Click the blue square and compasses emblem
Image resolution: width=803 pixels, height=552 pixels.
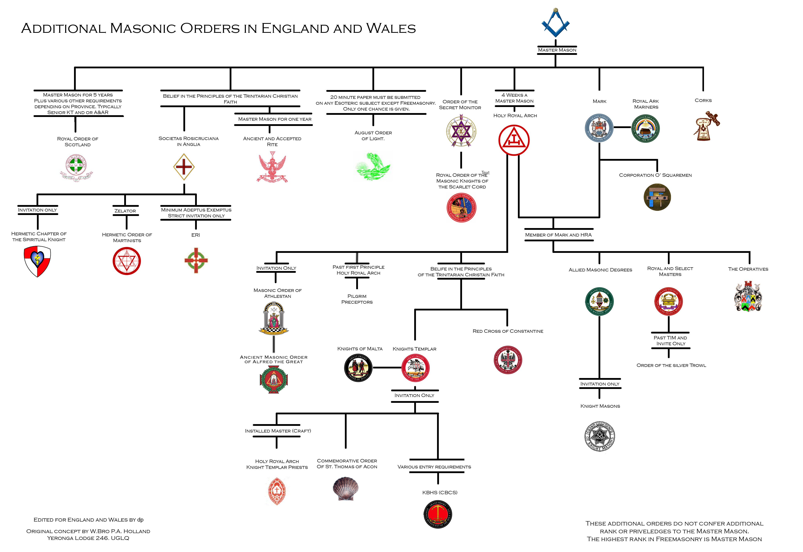(x=555, y=23)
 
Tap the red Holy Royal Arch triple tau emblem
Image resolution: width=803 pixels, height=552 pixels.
(x=514, y=140)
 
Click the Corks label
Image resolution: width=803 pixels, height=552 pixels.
(x=703, y=100)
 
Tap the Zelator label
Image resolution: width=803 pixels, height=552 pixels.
(x=125, y=211)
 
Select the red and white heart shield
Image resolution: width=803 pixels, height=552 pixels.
(x=37, y=261)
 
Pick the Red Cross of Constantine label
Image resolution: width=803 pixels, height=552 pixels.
(x=508, y=331)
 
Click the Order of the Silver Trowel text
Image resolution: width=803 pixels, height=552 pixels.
(x=671, y=365)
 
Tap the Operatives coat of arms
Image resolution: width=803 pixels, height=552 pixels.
(x=748, y=296)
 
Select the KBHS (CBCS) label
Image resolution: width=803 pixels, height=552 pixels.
(x=440, y=492)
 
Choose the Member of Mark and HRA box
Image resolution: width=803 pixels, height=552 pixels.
(x=558, y=235)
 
